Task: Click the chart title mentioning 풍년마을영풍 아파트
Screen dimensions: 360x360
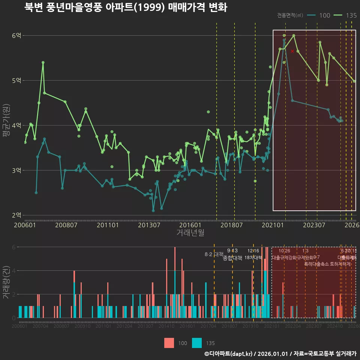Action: click(x=126, y=7)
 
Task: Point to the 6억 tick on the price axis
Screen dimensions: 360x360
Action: click(x=16, y=36)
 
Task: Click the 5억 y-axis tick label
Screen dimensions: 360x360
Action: click(x=16, y=80)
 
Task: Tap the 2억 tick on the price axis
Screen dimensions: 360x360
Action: click(x=16, y=215)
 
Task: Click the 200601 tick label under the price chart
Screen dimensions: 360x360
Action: click(x=25, y=225)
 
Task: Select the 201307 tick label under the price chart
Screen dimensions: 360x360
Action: click(x=149, y=225)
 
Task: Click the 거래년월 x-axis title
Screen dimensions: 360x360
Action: click(x=190, y=233)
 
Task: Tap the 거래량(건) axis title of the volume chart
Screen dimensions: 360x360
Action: click(x=6, y=282)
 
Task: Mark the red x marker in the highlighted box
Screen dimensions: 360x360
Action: click(x=292, y=51)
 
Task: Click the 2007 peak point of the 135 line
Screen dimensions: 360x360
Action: click(x=43, y=63)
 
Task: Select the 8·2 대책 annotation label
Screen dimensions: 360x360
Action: click(x=214, y=254)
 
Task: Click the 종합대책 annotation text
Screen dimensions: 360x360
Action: click(x=232, y=258)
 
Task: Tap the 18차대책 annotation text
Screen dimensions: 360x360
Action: click(x=253, y=258)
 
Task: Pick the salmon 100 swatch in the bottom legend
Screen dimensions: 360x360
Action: click(x=169, y=343)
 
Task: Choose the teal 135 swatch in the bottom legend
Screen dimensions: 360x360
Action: click(x=197, y=343)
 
